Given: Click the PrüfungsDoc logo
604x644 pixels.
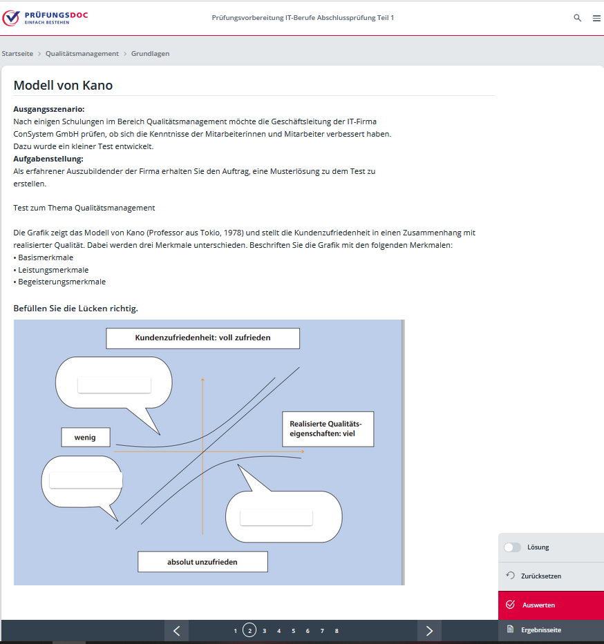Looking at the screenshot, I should coord(45,17).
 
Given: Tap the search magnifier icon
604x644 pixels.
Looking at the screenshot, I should coord(578,18).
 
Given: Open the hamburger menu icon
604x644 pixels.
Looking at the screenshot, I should coord(596,18).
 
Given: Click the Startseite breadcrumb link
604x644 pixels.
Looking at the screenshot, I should coord(17,53).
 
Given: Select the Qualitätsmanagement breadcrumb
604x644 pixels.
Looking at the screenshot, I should coord(82,53).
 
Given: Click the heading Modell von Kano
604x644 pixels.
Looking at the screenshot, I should coord(63,86).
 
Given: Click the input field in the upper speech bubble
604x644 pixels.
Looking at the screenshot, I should coord(114,385).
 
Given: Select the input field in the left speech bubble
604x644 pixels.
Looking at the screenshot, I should coord(86,480).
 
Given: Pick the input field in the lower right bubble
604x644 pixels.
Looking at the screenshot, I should coord(276,517).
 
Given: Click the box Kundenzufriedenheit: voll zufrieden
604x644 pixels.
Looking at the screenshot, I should coord(202,338).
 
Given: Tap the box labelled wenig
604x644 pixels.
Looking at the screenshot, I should coord(85,438).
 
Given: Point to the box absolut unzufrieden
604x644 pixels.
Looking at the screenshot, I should coord(202,562).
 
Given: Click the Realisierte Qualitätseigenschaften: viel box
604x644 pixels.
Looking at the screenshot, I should coord(328,429).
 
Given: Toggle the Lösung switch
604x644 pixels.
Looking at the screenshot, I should coord(512,547).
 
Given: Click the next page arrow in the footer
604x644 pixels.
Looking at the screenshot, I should coord(429,630).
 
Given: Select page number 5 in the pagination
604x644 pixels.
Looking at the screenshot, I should coord(293,631).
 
